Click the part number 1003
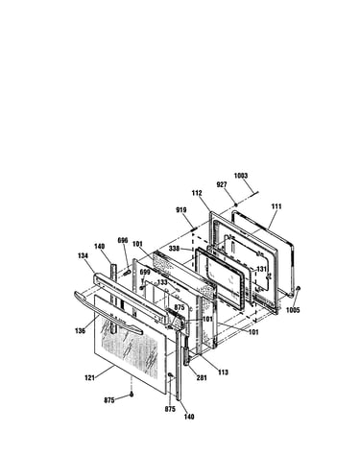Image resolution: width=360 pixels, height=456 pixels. coord(241,176)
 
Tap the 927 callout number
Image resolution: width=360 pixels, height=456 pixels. coord(222,184)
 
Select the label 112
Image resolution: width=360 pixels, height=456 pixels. coord(197,193)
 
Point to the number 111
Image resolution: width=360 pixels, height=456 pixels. coord(276,206)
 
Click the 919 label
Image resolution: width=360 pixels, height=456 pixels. coord(181,210)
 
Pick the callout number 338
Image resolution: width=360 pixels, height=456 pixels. coord(174,248)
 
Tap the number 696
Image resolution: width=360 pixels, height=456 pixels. coord(123,240)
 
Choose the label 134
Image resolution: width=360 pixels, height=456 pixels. coord(83,255)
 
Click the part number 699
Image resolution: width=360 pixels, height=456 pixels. coord(145,273)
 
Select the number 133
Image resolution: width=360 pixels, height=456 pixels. coord(162,282)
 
